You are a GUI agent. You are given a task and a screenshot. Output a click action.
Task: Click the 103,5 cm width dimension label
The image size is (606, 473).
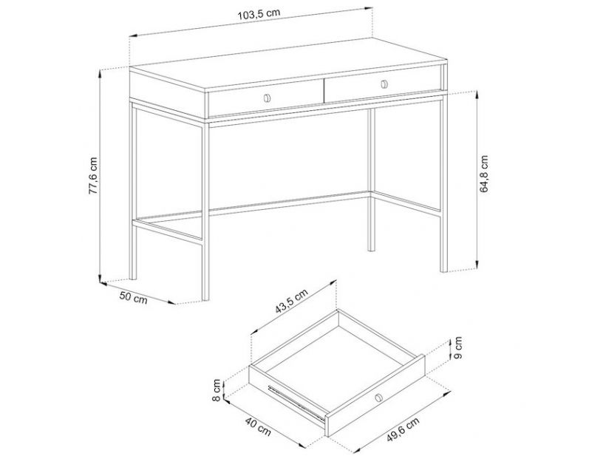[x=259, y=15]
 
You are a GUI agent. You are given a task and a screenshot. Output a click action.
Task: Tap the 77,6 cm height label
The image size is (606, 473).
[x=94, y=175]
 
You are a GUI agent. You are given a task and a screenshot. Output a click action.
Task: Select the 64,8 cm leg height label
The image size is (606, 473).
[x=484, y=174]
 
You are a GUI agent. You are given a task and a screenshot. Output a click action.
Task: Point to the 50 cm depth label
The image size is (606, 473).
[x=133, y=298]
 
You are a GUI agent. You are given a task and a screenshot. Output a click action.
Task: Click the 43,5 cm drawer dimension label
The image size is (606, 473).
[x=291, y=302]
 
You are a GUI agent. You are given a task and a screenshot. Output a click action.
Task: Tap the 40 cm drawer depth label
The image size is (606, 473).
[x=258, y=426]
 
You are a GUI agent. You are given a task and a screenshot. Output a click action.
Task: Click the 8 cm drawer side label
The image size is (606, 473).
[x=217, y=390]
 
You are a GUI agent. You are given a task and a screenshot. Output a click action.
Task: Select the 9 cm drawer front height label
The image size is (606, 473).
[x=457, y=348]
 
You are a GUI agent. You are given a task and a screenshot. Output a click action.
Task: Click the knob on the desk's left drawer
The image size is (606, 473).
[x=267, y=98]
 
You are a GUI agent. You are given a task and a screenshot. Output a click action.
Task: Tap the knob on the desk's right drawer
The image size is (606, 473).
[x=384, y=84]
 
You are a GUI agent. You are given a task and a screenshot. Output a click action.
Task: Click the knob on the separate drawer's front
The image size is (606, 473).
[x=378, y=398]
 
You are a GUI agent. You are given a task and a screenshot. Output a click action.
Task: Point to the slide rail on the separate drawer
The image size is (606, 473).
[x=296, y=403]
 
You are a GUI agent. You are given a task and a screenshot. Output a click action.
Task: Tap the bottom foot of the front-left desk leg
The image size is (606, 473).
[x=205, y=298]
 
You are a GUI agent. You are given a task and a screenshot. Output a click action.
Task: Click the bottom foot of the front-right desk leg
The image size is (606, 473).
[x=444, y=270]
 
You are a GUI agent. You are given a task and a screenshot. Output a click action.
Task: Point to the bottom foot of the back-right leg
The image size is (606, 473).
[x=371, y=249]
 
